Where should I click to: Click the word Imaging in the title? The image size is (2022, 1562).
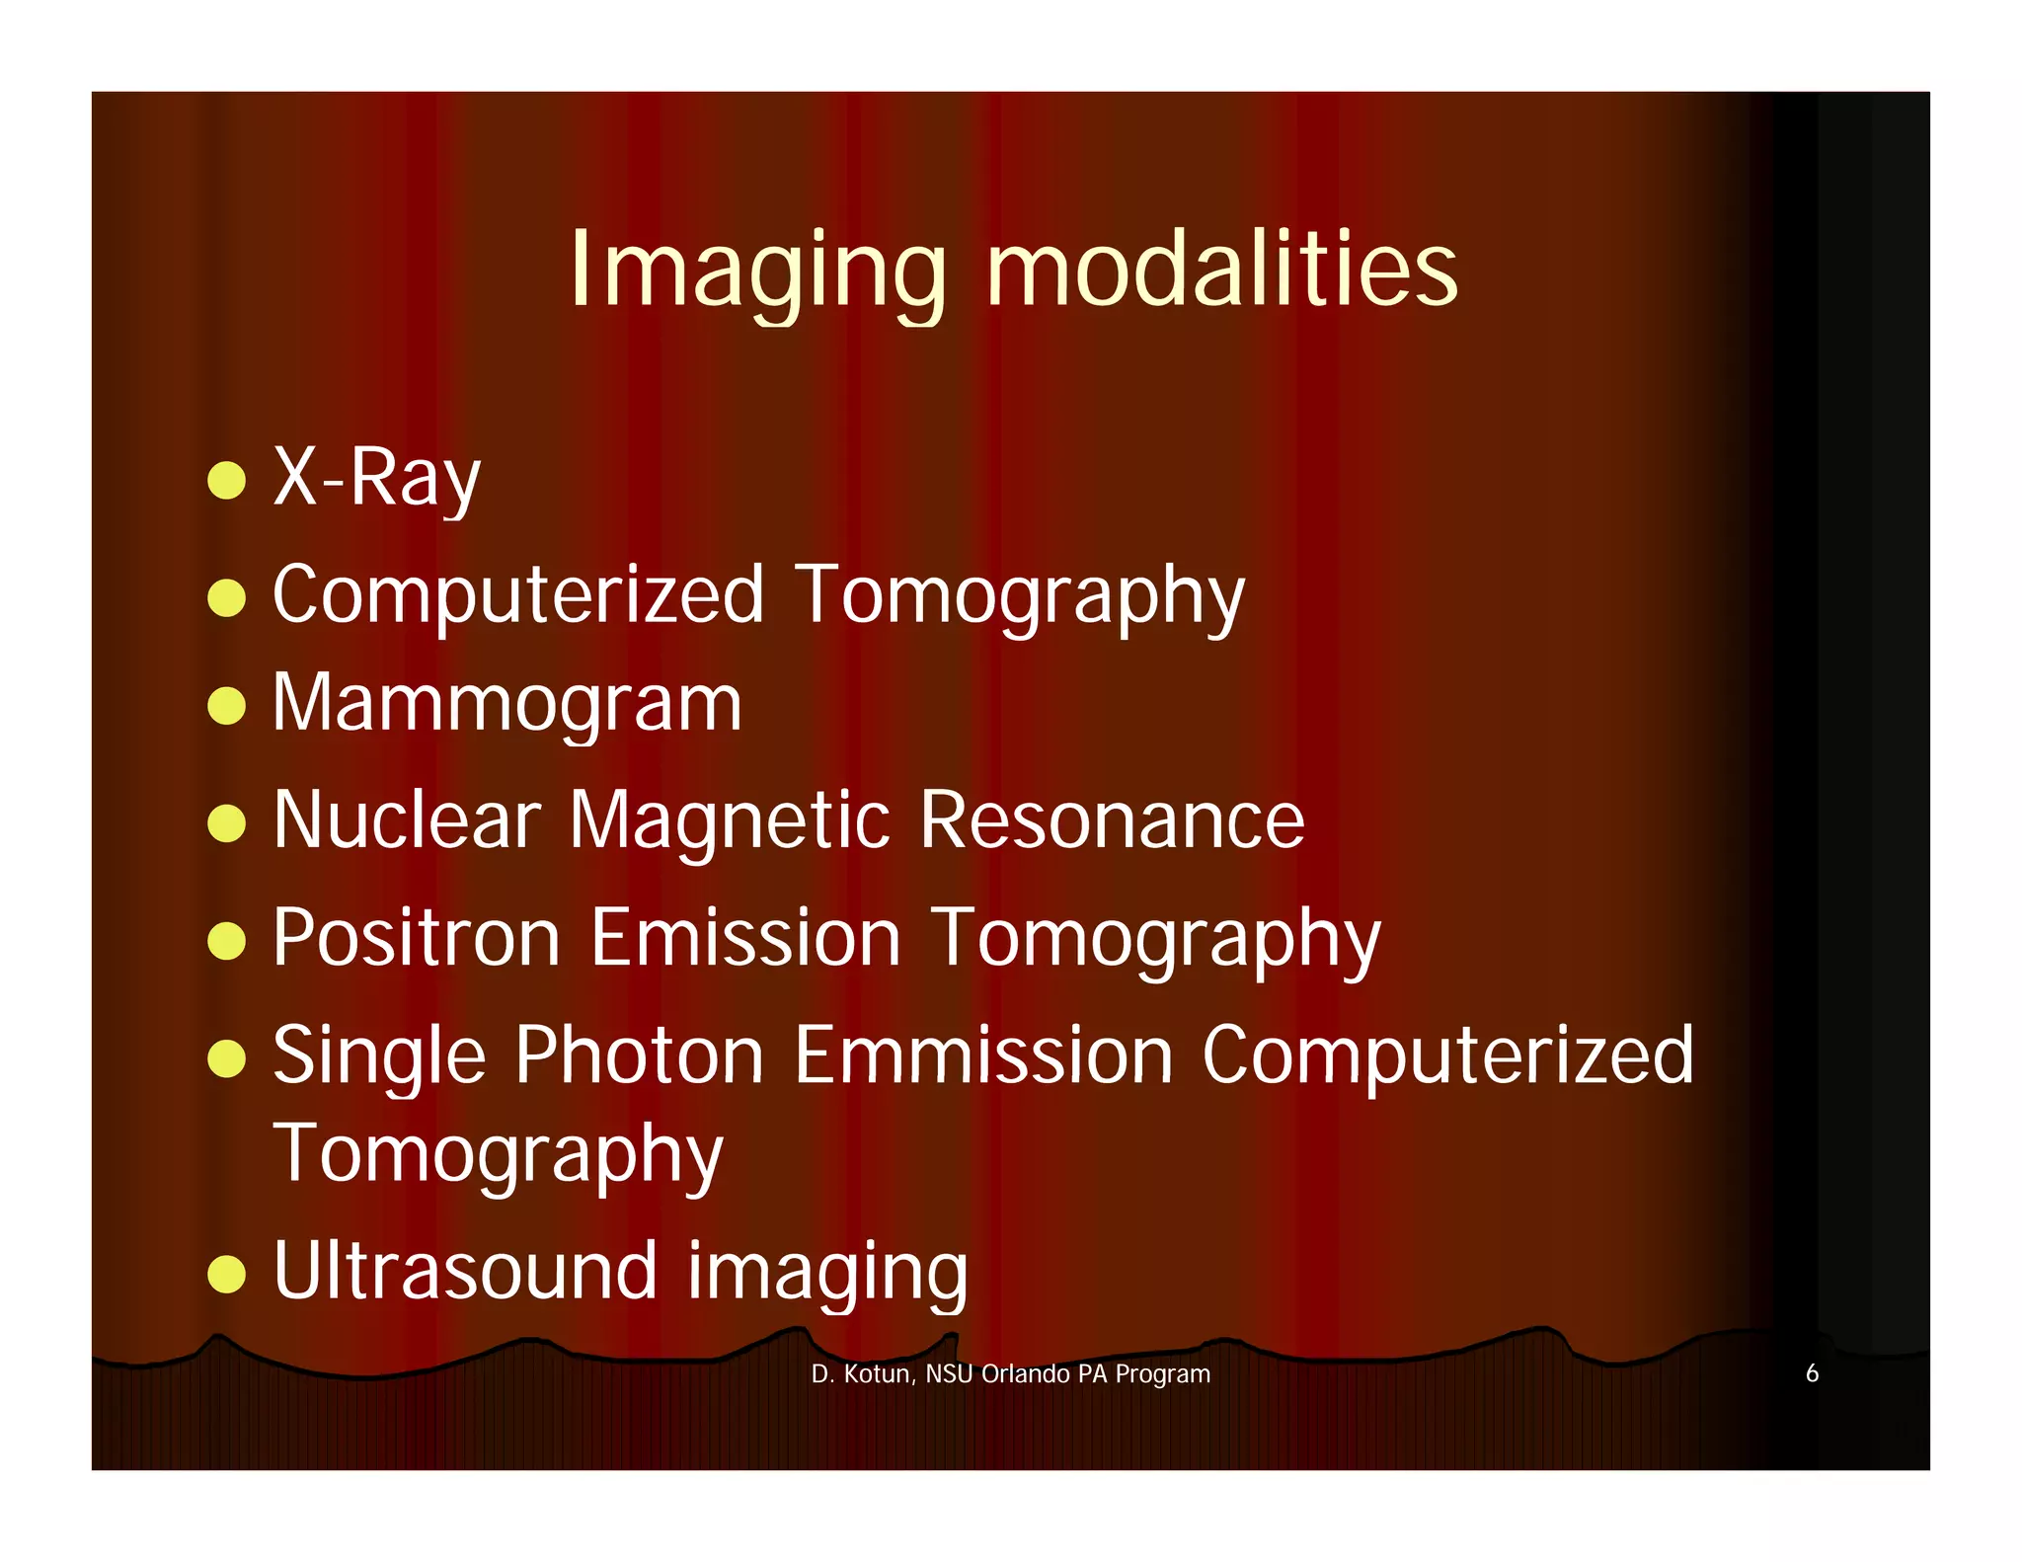tap(757, 271)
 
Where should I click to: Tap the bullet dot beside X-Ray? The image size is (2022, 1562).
tap(227, 481)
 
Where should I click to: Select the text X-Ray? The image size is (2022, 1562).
tap(376, 479)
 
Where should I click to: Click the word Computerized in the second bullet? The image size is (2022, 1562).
tap(518, 595)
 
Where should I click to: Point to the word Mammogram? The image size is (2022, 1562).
tap(506, 704)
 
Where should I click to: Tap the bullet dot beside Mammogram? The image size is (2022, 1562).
tap(227, 707)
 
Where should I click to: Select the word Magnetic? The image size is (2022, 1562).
tap(730, 821)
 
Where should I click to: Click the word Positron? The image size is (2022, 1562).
tap(417, 937)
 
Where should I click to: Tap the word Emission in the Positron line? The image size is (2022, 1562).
tap(745, 937)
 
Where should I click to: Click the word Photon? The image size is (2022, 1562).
tap(639, 1055)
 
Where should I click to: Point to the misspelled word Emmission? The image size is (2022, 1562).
tap(983, 1055)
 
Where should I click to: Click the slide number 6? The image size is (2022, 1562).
tap(1812, 1373)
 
